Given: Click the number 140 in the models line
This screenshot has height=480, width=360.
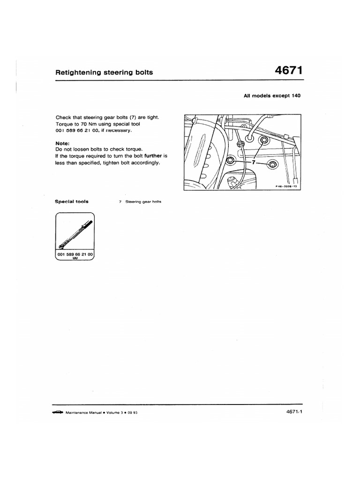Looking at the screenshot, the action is tap(294, 96).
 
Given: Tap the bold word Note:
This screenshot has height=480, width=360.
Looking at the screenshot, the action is tap(62, 143).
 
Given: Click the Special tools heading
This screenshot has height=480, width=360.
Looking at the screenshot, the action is tap(72, 202).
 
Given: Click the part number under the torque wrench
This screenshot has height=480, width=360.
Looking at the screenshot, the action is tap(75, 253).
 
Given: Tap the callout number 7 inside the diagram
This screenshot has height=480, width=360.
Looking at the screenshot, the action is tap(253, 162).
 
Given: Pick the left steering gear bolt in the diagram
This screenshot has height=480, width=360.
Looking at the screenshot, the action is tap(230, 161).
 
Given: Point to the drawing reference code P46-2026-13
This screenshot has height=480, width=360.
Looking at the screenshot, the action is tap(286, 186).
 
